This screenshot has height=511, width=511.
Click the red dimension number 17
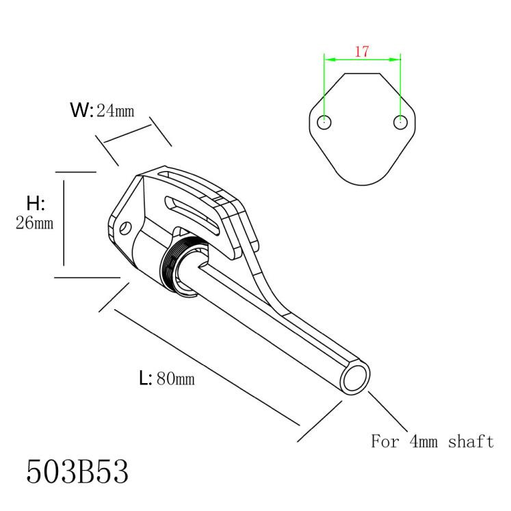click(x=362, y=51)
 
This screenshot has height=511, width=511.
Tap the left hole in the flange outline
click(x=324, y=122)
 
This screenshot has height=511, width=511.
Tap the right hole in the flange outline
click(x=400, y=122)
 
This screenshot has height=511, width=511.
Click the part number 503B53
click(x=77, y=471)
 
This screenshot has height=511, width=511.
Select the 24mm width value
click(x=116, y=111)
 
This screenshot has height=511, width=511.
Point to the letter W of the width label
click(x=79, y=110)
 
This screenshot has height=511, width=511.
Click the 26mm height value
click(x=34, y=223)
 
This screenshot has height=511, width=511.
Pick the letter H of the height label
click(x=34, y=203)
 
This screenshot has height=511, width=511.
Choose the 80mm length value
click(x=176, y=379)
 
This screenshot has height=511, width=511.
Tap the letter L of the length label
click(x=144, y=378)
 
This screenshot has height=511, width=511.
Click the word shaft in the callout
click(x=471, y=442)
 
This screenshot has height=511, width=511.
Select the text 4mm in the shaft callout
click(x=423, y=442)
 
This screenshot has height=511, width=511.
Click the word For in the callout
click(x=385, y=442)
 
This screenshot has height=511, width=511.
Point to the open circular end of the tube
click(x=355, y=378)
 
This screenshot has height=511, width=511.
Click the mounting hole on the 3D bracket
click(x=125, y=228)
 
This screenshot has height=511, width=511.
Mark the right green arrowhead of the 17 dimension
click(x=394, y=60)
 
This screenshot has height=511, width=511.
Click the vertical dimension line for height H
click(x=64, y=223)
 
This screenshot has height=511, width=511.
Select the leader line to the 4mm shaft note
click(x=388, y=412)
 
